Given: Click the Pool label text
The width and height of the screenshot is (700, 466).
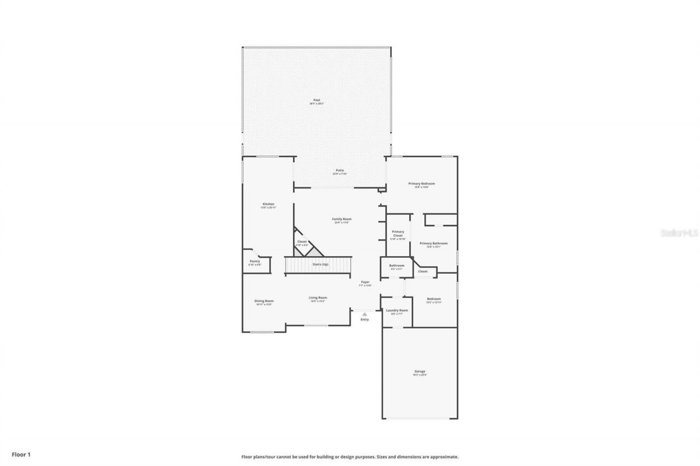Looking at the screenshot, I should pos(317,101).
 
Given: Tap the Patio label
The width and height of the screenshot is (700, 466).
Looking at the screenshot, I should pos(340,170).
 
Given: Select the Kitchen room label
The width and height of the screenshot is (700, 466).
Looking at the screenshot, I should pos(268,204).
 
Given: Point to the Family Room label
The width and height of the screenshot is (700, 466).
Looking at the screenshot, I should pos(341,219).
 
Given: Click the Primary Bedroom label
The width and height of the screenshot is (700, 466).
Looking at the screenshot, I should pos(421,184).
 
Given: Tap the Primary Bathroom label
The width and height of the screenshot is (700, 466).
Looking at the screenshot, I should pos(433,243).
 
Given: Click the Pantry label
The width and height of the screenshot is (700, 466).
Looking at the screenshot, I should pos(255,261).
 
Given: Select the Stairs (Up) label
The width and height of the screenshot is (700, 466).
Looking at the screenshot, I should pos(320,264).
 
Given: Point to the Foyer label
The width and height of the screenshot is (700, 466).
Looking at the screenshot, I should pos(365,282).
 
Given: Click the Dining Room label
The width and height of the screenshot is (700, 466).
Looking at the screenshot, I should pos(264,300).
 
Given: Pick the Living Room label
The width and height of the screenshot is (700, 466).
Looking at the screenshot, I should pos(318,298).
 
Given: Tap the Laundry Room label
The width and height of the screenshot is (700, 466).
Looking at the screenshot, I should pos(396,310).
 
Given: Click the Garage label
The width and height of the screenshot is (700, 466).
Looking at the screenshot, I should pos(419,371).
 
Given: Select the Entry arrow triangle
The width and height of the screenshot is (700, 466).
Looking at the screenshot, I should pos(364,314).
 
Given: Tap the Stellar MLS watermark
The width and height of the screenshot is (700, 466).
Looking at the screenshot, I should pos(679,233).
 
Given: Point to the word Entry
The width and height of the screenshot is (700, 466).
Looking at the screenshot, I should pos(364,320).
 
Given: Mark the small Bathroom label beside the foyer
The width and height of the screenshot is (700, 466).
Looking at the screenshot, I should pos(396,266).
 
